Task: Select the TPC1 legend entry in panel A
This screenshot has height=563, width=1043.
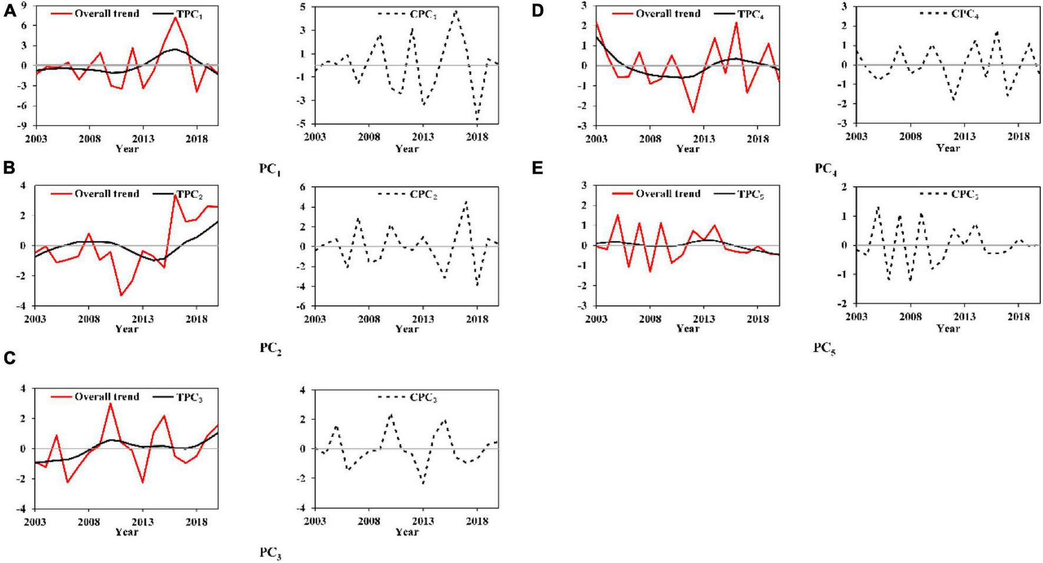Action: [187, 14]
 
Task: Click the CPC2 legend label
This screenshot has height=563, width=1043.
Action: [423, 195]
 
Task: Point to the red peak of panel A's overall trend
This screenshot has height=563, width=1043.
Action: [175, 18]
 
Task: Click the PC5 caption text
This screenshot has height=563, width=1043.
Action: [824, 349]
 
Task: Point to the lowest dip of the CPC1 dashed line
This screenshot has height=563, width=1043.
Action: [477, 120]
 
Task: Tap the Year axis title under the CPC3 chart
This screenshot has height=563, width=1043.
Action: [407, 532]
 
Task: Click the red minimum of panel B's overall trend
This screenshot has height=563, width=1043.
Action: [121, 295]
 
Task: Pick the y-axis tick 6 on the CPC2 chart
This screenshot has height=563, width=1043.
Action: [307, 187]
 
